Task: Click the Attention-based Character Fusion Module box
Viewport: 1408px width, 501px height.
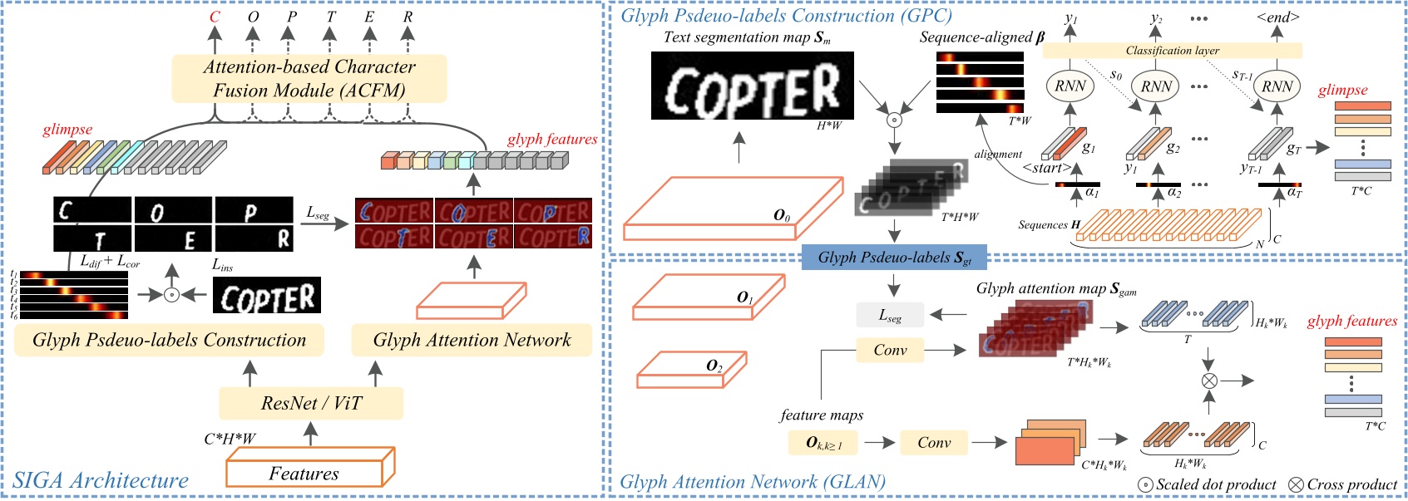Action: click(309, 78)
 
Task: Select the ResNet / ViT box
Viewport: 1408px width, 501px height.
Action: click(311, 403)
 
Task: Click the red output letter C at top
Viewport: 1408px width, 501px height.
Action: click(215, 17)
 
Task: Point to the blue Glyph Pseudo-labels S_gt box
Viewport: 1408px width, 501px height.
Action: click(894, 258)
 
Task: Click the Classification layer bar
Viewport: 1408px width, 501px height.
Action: click(1172, 51)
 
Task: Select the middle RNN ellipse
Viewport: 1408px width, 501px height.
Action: click(1156, 86)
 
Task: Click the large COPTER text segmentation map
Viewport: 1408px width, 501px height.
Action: click(752, 86)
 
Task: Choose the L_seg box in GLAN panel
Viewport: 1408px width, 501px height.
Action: click(890, 315)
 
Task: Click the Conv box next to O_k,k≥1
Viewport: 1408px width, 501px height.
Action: click(934, 442)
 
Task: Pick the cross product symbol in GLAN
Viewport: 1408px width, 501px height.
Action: click(1208, 381)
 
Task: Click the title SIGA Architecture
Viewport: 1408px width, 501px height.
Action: click(101, 480)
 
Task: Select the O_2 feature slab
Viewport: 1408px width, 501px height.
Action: click(690, 369)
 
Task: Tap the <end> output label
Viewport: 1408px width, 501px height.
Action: click(1277, 17)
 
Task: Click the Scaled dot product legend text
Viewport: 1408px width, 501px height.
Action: click(1216, 484)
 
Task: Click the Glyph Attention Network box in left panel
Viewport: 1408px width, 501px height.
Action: click(472, 340)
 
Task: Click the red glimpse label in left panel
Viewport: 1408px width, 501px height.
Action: click(67, 130)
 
